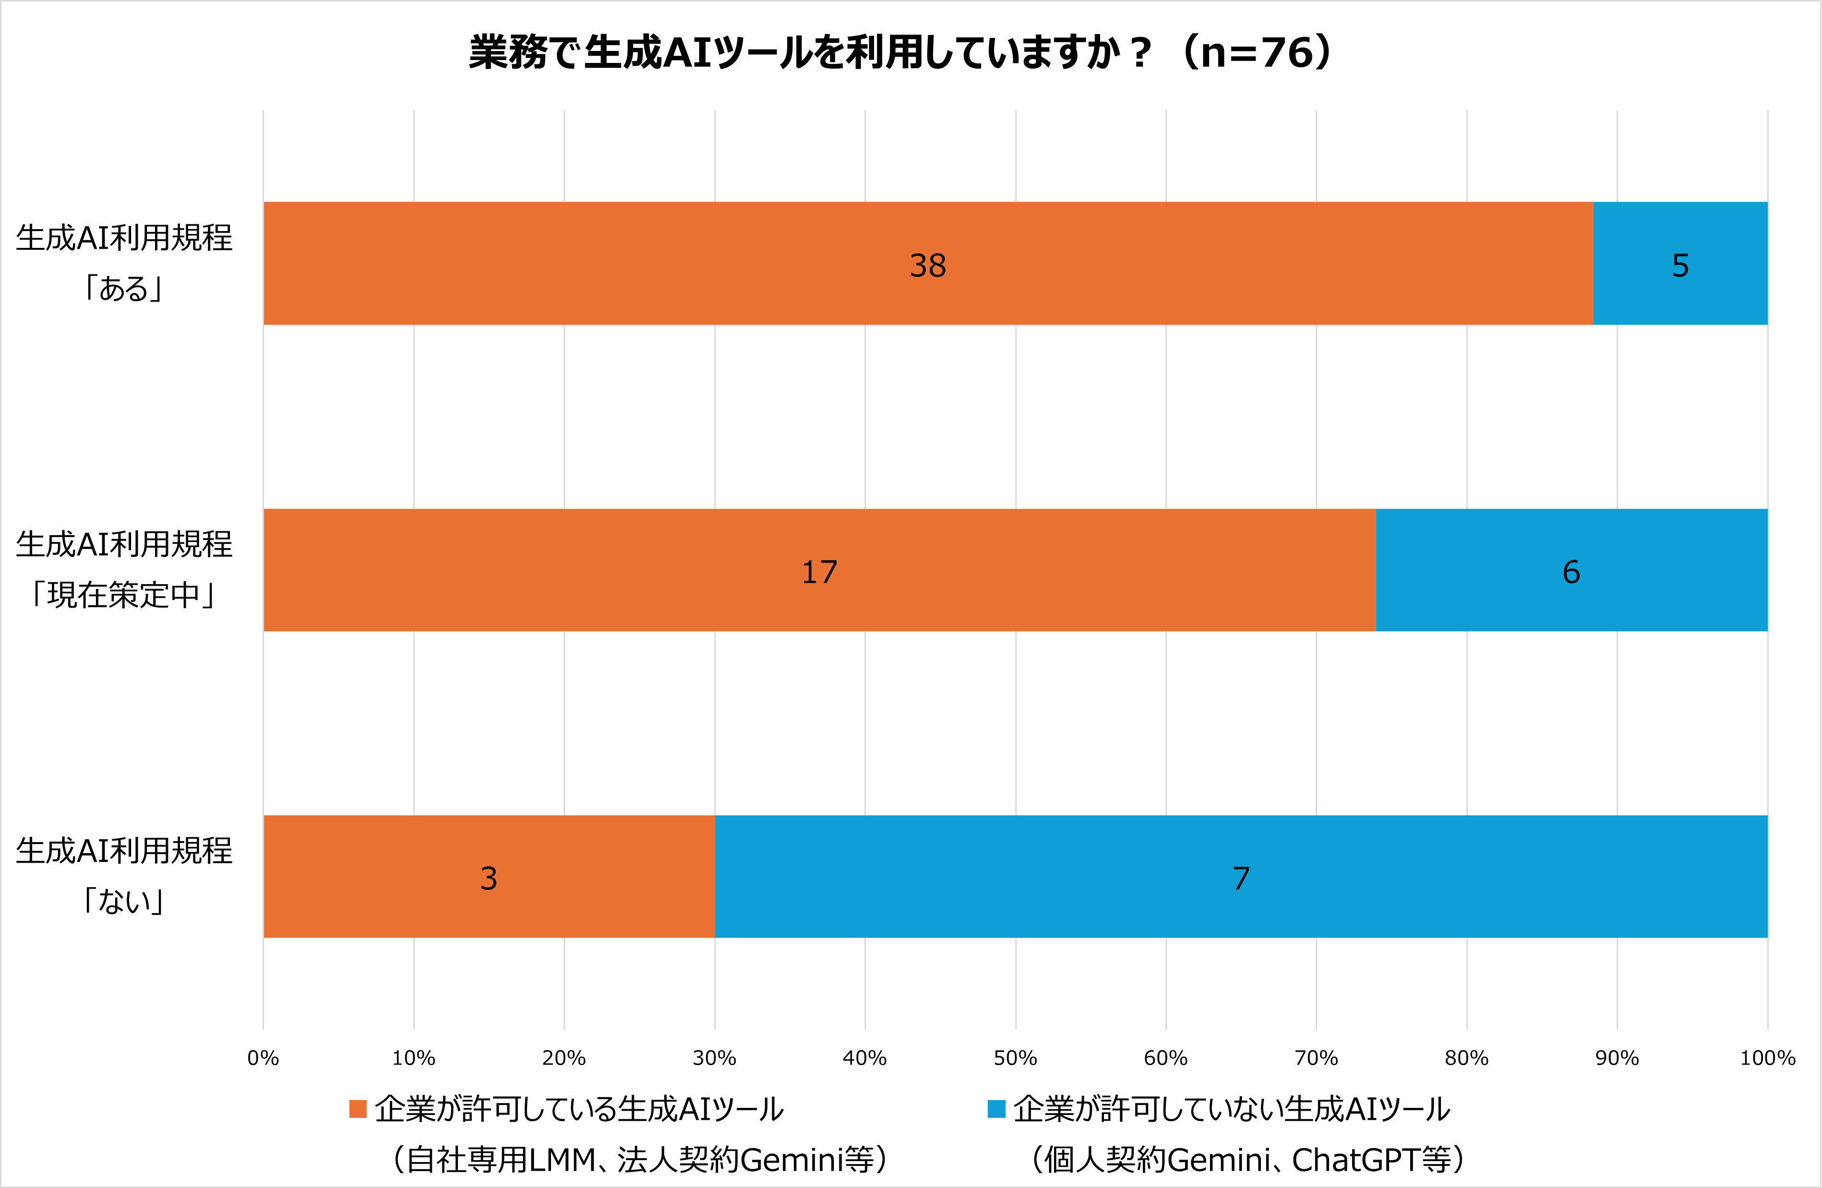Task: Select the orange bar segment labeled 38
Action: (928, 263)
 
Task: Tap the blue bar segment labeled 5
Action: (1679, 263)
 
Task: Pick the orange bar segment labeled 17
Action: (819, 570)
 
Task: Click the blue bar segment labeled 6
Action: (1571, 570)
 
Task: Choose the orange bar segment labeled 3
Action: (489, 876)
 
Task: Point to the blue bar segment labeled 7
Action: (1240, 876)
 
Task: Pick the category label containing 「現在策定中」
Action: (124, 570)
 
